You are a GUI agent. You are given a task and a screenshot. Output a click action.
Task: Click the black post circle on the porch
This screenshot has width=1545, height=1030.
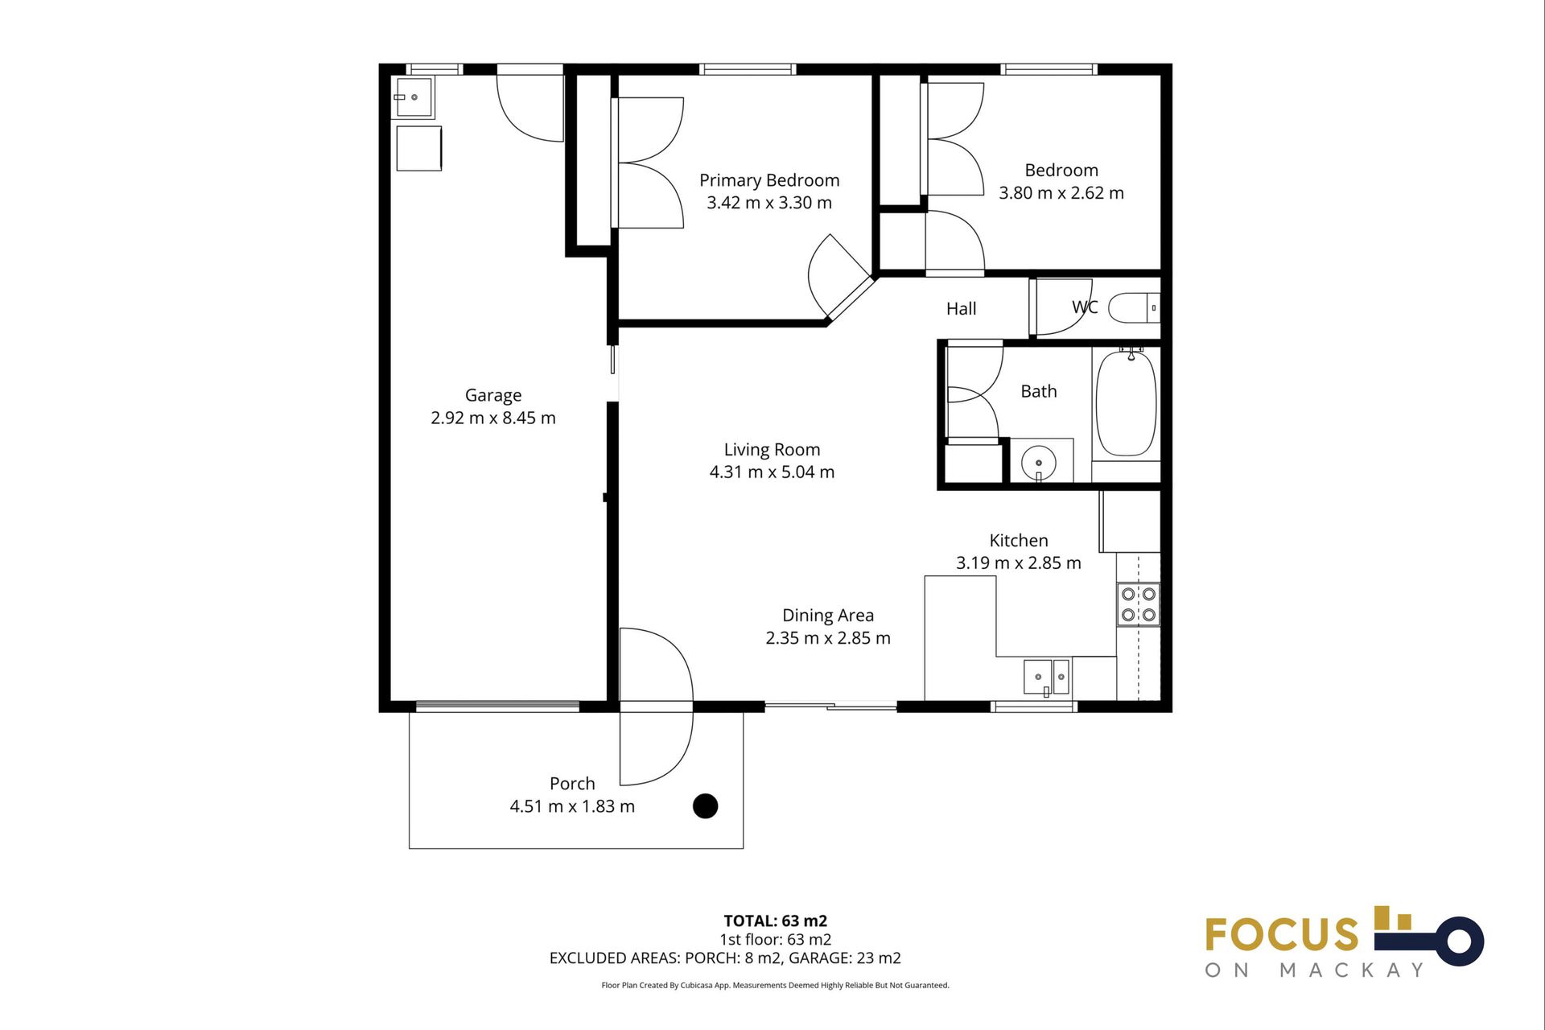(x=705, y=805)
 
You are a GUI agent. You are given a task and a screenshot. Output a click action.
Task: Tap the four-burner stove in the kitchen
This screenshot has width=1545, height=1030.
(x=1139, y=604)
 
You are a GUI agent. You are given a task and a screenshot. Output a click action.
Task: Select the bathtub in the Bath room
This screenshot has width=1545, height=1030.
(x=1126, y=403)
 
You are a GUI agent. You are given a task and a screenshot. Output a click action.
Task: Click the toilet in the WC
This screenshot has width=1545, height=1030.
(x=1133, y=307)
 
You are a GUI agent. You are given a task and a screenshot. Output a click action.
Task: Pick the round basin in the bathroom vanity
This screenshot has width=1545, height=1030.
(x=1038, y=463)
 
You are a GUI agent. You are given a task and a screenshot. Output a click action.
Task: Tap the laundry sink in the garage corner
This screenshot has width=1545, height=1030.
(x=413, y=97)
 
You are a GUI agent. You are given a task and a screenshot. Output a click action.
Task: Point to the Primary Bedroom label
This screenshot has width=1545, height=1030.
(x=768, y=180)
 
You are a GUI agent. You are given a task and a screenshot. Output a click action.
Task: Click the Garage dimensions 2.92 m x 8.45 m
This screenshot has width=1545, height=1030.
(x=492, y=418)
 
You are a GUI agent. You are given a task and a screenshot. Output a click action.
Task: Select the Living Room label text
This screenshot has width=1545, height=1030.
(x=772, y=450)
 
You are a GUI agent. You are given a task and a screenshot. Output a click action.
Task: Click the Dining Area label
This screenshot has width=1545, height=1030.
(x=827, y=616)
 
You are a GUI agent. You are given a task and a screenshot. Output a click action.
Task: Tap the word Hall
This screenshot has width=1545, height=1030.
(x=961, y=309)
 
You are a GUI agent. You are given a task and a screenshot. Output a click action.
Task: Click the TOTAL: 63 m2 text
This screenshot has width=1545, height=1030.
(x=775, y=921)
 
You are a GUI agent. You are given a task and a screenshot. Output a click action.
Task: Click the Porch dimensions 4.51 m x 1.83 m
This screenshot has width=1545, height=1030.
(x=571, y=806)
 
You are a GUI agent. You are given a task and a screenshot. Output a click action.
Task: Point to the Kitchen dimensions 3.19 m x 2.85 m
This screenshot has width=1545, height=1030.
(x=1018, y=563)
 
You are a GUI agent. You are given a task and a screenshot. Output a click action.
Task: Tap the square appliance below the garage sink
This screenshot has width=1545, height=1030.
(x=418, y=148)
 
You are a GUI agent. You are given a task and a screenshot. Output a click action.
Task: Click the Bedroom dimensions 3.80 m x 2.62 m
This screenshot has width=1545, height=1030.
(x=1061, y=193)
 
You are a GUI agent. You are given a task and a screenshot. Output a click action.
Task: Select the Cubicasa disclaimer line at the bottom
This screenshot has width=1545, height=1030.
(x=775, y=985)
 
